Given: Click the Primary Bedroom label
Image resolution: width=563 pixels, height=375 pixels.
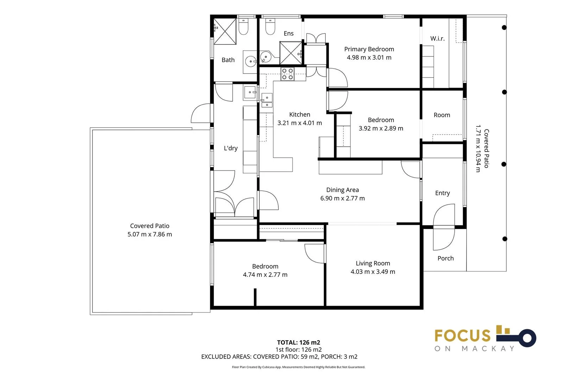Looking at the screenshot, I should point(369,49).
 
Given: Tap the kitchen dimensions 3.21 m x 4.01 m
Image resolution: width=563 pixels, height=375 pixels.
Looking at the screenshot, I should point(299,123).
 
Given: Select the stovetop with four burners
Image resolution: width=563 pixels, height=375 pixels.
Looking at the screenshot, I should point(287,74).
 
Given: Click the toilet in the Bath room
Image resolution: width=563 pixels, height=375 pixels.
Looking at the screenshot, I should point(243,27).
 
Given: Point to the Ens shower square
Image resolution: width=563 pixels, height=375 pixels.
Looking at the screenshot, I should point(290,53).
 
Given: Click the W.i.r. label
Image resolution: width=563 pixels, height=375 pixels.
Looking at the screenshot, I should point(437,39).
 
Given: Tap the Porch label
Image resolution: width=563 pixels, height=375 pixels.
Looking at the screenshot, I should point(445,258).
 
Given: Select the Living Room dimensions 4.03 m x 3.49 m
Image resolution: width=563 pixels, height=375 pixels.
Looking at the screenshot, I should point(373,272).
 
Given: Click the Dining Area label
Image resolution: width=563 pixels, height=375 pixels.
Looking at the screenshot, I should point(342,190).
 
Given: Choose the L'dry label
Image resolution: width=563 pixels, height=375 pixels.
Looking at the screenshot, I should point(230,148).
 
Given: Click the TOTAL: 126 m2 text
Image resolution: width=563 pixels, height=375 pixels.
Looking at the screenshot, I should point(298,342).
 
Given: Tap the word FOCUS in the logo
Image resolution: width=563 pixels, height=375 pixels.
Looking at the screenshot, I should point(462,336).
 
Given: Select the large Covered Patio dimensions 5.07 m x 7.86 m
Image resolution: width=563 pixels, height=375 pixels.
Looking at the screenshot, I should point(150,234).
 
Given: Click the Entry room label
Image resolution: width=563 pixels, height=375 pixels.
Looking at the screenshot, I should point(442,193).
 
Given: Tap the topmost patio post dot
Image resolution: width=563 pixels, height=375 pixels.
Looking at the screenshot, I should point(504,27).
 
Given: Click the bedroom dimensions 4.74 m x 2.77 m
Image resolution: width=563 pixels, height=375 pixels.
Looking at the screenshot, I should point(265,275).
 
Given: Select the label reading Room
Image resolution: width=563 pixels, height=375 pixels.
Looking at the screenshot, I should point(442,115).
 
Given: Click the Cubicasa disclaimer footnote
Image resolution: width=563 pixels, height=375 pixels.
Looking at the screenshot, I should point(298,367).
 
